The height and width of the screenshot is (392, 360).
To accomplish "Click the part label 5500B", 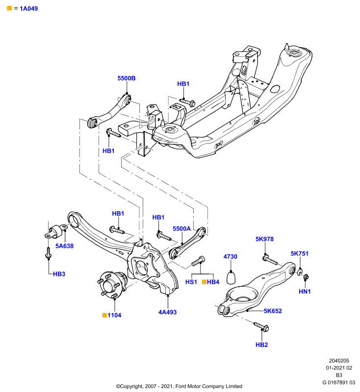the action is (x=127, y=78).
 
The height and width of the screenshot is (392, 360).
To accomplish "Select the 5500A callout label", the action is (x=181, y=228).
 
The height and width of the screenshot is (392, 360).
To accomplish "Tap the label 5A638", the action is (x=64, y=246).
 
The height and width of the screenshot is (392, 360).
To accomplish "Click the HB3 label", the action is (x=59, y=274).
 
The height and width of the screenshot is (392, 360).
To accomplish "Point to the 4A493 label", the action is (x=167, y=312).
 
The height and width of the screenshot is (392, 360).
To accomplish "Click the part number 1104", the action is (x=114, y=315).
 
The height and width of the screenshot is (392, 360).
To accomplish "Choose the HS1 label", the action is (x=191, y=282).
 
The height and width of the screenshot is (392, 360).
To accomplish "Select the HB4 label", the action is (x=213, y=282).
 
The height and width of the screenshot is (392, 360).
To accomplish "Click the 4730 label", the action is (x=230, y=256).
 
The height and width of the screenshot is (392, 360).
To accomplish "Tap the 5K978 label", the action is (x=264, y=239).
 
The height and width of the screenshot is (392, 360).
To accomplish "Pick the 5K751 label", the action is (x=300, y=253).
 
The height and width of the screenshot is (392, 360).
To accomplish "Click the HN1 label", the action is (x=305, y=292).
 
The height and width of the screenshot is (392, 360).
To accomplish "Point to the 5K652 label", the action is (x=273, y=311).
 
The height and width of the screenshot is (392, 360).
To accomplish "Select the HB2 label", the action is (x=262, y=345).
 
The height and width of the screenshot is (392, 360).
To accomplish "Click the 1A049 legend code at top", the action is (x=29, y=8).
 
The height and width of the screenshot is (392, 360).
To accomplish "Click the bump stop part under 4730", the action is (x=231, y=277).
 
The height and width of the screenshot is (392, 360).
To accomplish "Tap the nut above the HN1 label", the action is (x=306, y=277).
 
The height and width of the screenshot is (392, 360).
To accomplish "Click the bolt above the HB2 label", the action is (x=261, y=327).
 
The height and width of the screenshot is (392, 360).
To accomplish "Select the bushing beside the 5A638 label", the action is (x=56, y=231).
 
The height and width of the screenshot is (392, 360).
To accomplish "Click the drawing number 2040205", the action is (x=339, y=361).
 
